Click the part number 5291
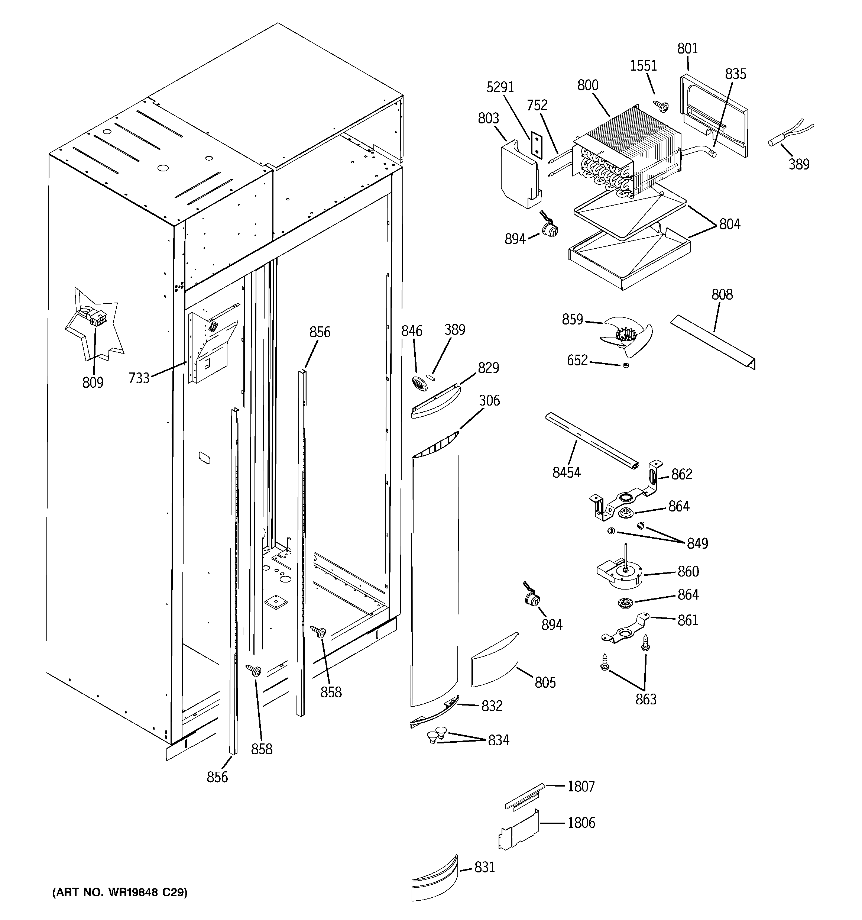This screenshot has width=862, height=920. [x=500, y=87]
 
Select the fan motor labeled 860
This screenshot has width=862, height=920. [x=620, y=574]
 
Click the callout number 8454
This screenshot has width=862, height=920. [x=566, y=472]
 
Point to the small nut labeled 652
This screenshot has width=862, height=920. [x=626, y=366]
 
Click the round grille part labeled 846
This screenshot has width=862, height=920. [x=418, y=384]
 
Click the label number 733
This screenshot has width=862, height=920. [x=139, y=378]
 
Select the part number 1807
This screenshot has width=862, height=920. [x=581, y=786]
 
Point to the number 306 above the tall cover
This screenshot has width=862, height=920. [x=489, y=400]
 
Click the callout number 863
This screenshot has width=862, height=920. [x=645, y=699]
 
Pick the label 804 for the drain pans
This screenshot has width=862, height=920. [x=729, y=224]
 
